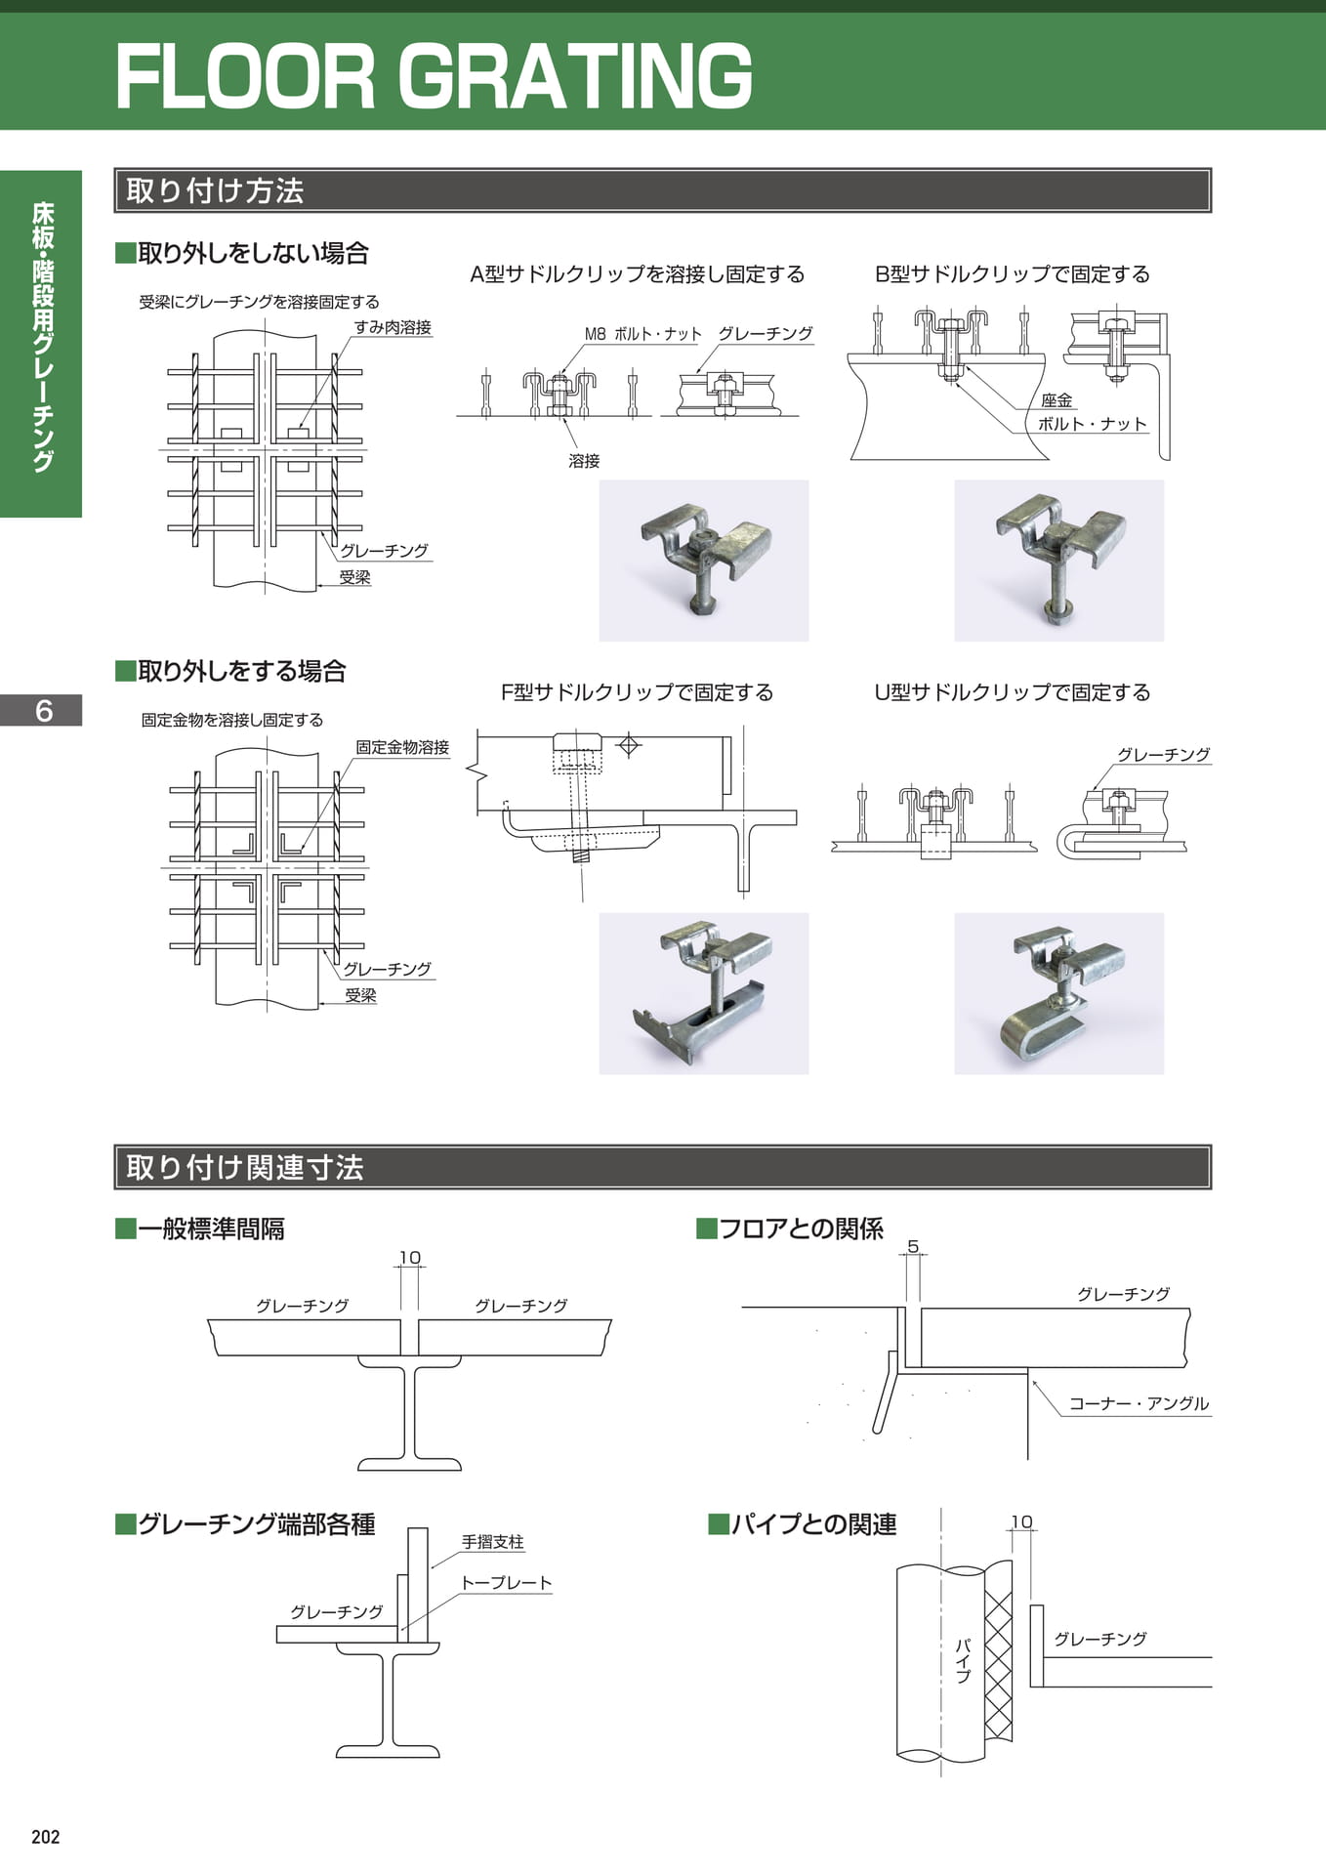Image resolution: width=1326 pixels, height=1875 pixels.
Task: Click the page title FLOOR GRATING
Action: (x=434, y=75)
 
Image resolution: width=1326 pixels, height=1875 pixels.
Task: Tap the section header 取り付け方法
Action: (x=215, y=190)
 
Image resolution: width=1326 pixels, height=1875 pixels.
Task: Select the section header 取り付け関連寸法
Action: (x=244, y=1167)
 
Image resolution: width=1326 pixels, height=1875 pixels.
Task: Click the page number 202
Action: (x=46, y=1837)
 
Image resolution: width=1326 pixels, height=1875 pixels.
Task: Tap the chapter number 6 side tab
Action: (x=43, y=710)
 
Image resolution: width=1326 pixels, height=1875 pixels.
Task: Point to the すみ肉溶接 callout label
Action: (x=393, y=327)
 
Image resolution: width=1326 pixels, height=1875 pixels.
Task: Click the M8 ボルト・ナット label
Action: (x=642, y=334)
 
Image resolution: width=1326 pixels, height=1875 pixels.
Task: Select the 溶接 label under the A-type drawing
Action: (x=584, y=461)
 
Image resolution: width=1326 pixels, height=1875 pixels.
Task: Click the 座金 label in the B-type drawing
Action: (x=1057, y=400)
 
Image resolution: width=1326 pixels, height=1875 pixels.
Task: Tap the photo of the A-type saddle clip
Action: (x=704, y=561)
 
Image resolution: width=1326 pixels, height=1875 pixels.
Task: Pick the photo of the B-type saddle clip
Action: (x=1058, y=561)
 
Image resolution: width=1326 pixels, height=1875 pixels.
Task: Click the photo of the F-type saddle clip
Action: (x=704, y=993)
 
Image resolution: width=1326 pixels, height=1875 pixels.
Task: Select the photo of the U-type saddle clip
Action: (x=1058, y=993)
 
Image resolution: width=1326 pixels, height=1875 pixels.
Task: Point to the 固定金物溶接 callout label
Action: (x=402, y=747)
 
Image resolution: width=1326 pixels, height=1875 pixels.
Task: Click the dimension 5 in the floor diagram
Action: (x=913, y=1246)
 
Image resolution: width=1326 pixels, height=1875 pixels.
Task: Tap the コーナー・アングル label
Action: (x=1139, y=1403)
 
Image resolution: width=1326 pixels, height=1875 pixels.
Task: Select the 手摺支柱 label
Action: (x=493, y=1542)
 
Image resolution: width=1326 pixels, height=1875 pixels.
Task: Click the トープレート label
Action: (x=507, y=1582)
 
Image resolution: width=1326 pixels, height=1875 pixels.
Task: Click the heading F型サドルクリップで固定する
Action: (x=637, y=692)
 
